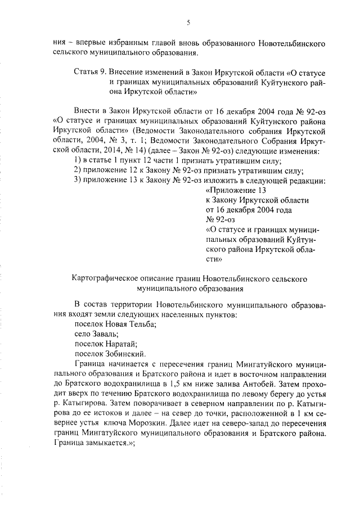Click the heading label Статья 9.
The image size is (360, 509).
coord(90,73)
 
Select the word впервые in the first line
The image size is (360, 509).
coord(89,43)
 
